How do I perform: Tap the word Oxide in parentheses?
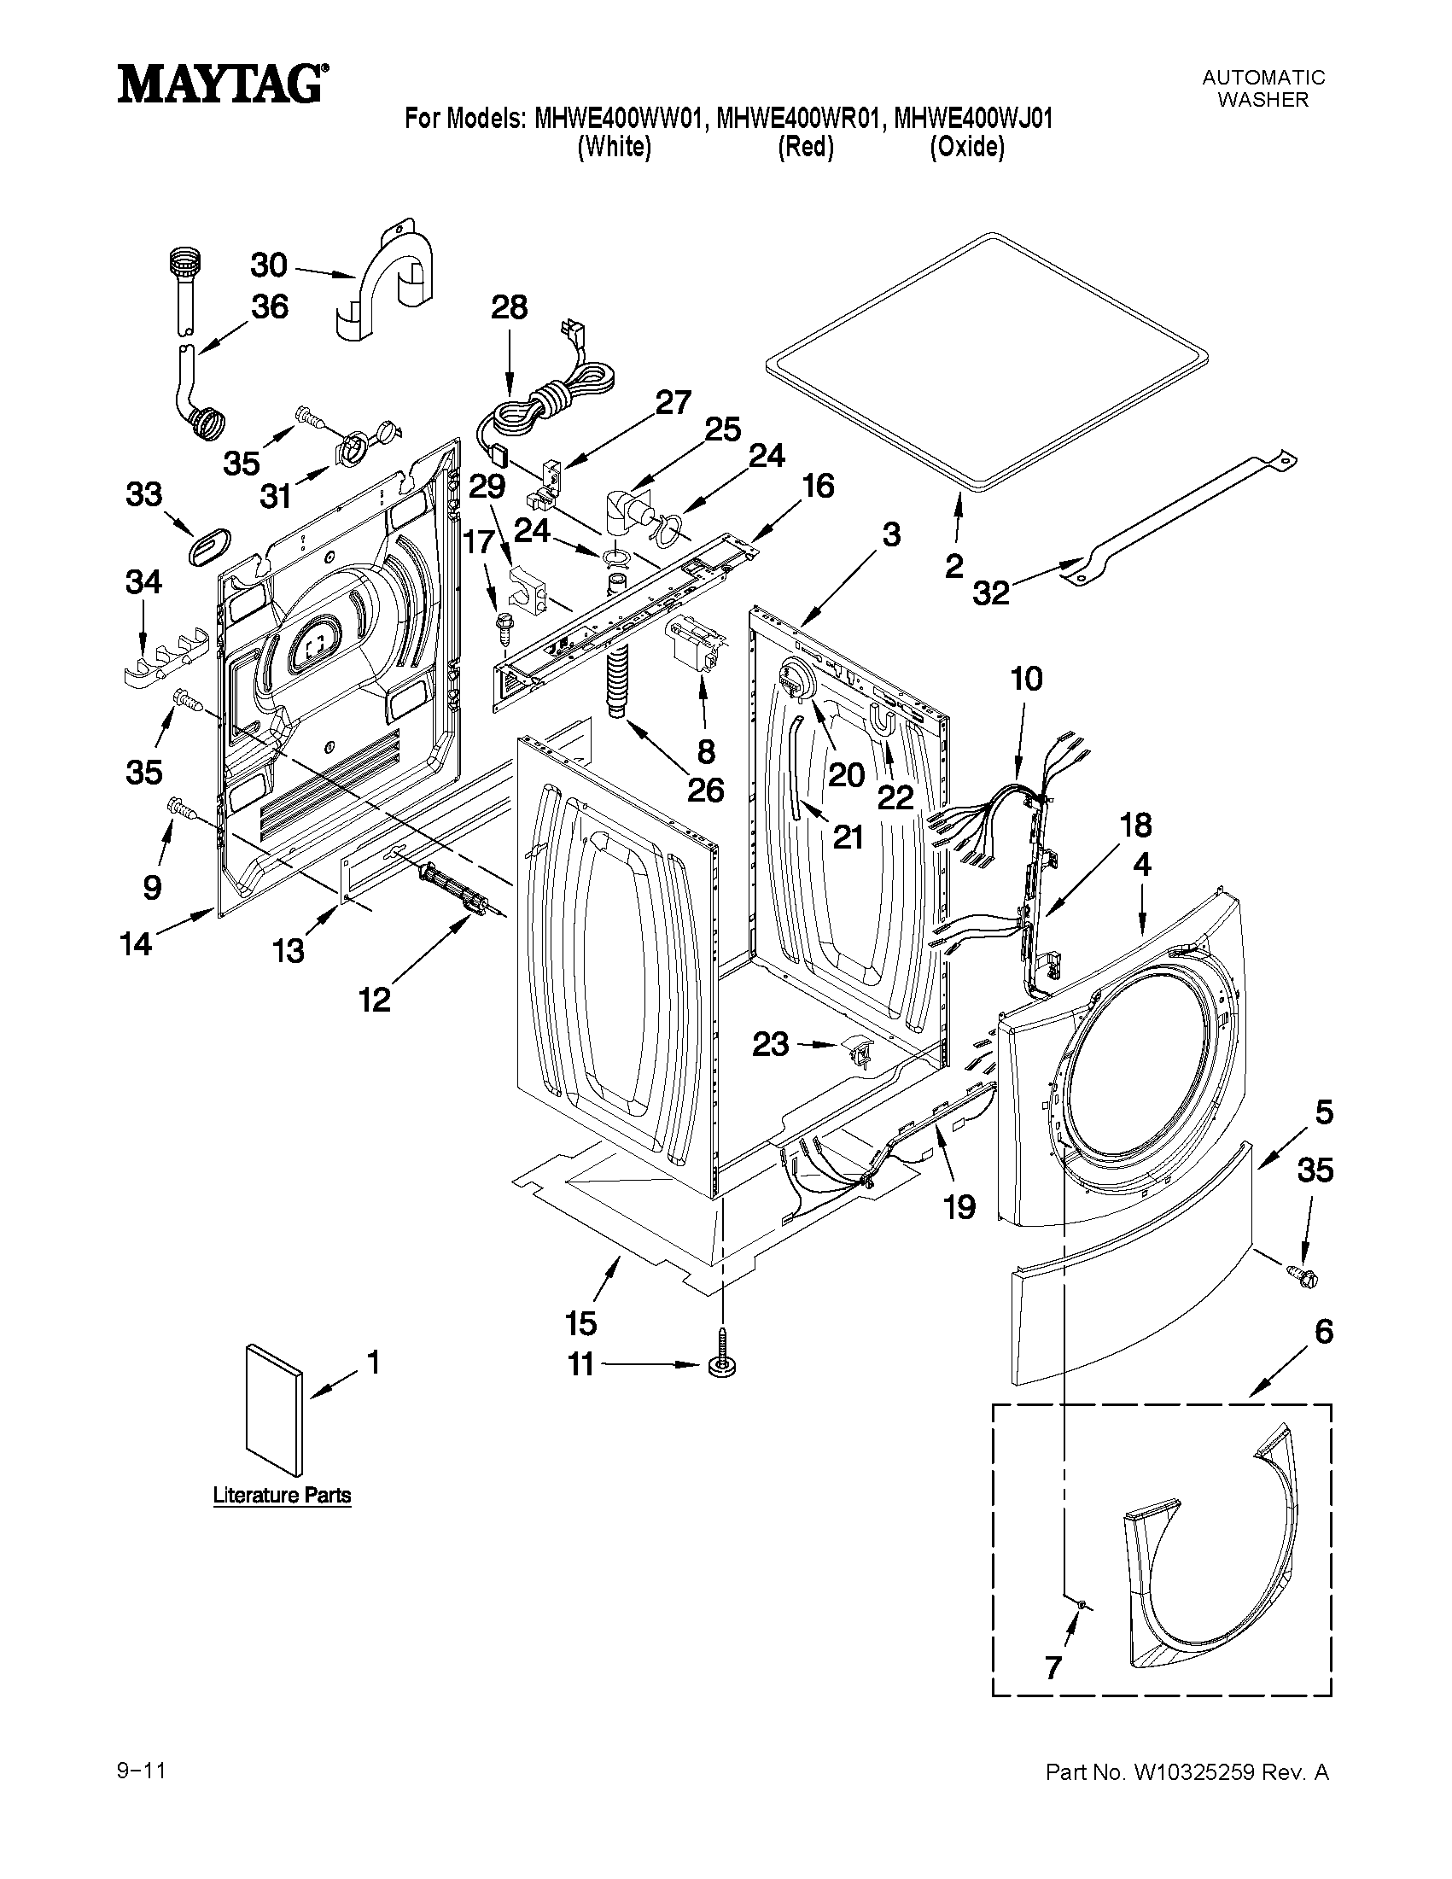tap(967, 147)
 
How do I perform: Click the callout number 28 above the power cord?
tap(510, 307)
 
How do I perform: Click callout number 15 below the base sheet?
tap(582, 1323)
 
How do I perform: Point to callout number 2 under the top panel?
tap(954, 566)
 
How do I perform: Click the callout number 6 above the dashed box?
tap(1324, 1332)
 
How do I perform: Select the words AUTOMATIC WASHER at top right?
tap(1262, 88)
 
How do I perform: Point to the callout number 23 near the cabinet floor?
tap(770, 1044)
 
